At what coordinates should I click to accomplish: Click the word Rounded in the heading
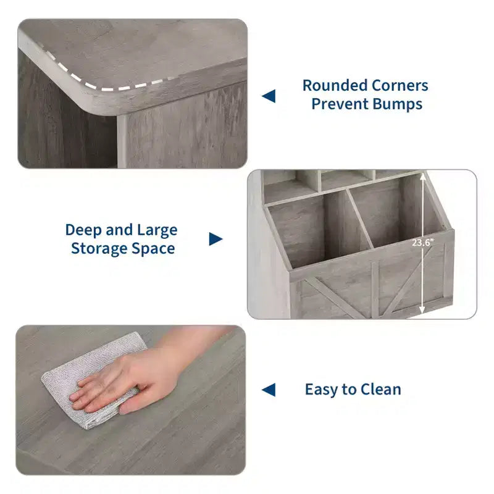335,85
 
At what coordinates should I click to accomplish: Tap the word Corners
400,85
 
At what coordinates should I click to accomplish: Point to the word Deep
83,230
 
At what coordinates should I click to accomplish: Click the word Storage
99,249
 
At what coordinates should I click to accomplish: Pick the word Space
153,249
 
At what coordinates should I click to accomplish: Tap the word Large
157,230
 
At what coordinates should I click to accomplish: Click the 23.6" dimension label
423,243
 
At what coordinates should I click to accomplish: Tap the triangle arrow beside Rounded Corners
269,96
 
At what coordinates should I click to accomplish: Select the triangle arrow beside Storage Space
216,239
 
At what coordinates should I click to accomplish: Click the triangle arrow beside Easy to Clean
269,390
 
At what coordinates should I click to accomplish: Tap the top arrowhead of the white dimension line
423,177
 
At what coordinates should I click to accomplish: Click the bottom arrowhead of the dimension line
422,310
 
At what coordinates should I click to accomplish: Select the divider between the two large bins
360,219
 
